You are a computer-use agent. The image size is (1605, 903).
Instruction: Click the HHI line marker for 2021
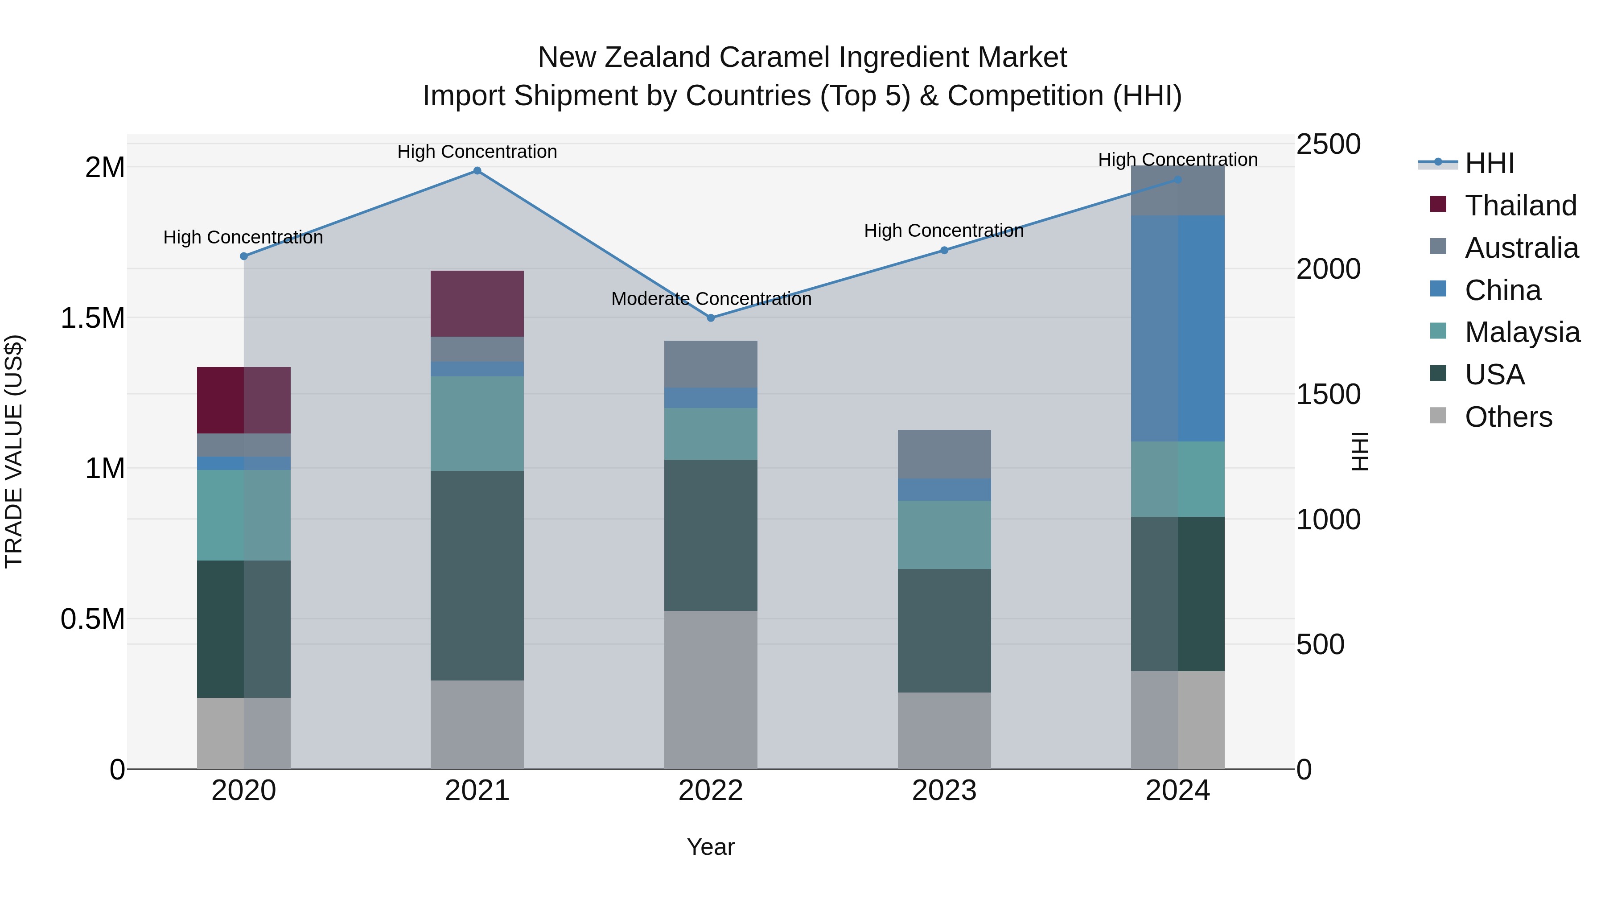coord(477,171)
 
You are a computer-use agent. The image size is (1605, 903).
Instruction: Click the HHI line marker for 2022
coord(711,318)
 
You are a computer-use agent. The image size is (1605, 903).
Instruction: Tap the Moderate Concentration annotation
coord(711,299)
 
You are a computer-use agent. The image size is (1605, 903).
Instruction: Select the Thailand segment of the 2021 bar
coord(477,304)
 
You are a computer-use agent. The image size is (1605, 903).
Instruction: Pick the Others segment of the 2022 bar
coord(711,689)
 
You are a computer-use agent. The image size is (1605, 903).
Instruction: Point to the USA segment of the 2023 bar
coord(944,630)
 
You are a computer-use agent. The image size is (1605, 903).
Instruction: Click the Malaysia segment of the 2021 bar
coord(477,423)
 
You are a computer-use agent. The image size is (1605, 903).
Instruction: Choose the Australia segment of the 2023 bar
coord(944,454)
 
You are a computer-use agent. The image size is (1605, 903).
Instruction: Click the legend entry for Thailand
coord(1520,206)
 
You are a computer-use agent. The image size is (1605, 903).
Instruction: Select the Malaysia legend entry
coord(1522,332)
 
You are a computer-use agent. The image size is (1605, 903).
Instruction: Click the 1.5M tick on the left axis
coord(93,318)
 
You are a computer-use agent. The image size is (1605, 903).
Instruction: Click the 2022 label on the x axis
coord(711,791)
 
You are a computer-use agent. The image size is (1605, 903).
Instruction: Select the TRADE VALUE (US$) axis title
coord(14,451)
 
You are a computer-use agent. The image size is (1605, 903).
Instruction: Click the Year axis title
coord(711,847)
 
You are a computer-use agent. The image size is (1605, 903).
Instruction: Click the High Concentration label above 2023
coord(943,231)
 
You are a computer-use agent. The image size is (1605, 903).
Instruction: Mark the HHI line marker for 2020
coord(243,256)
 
